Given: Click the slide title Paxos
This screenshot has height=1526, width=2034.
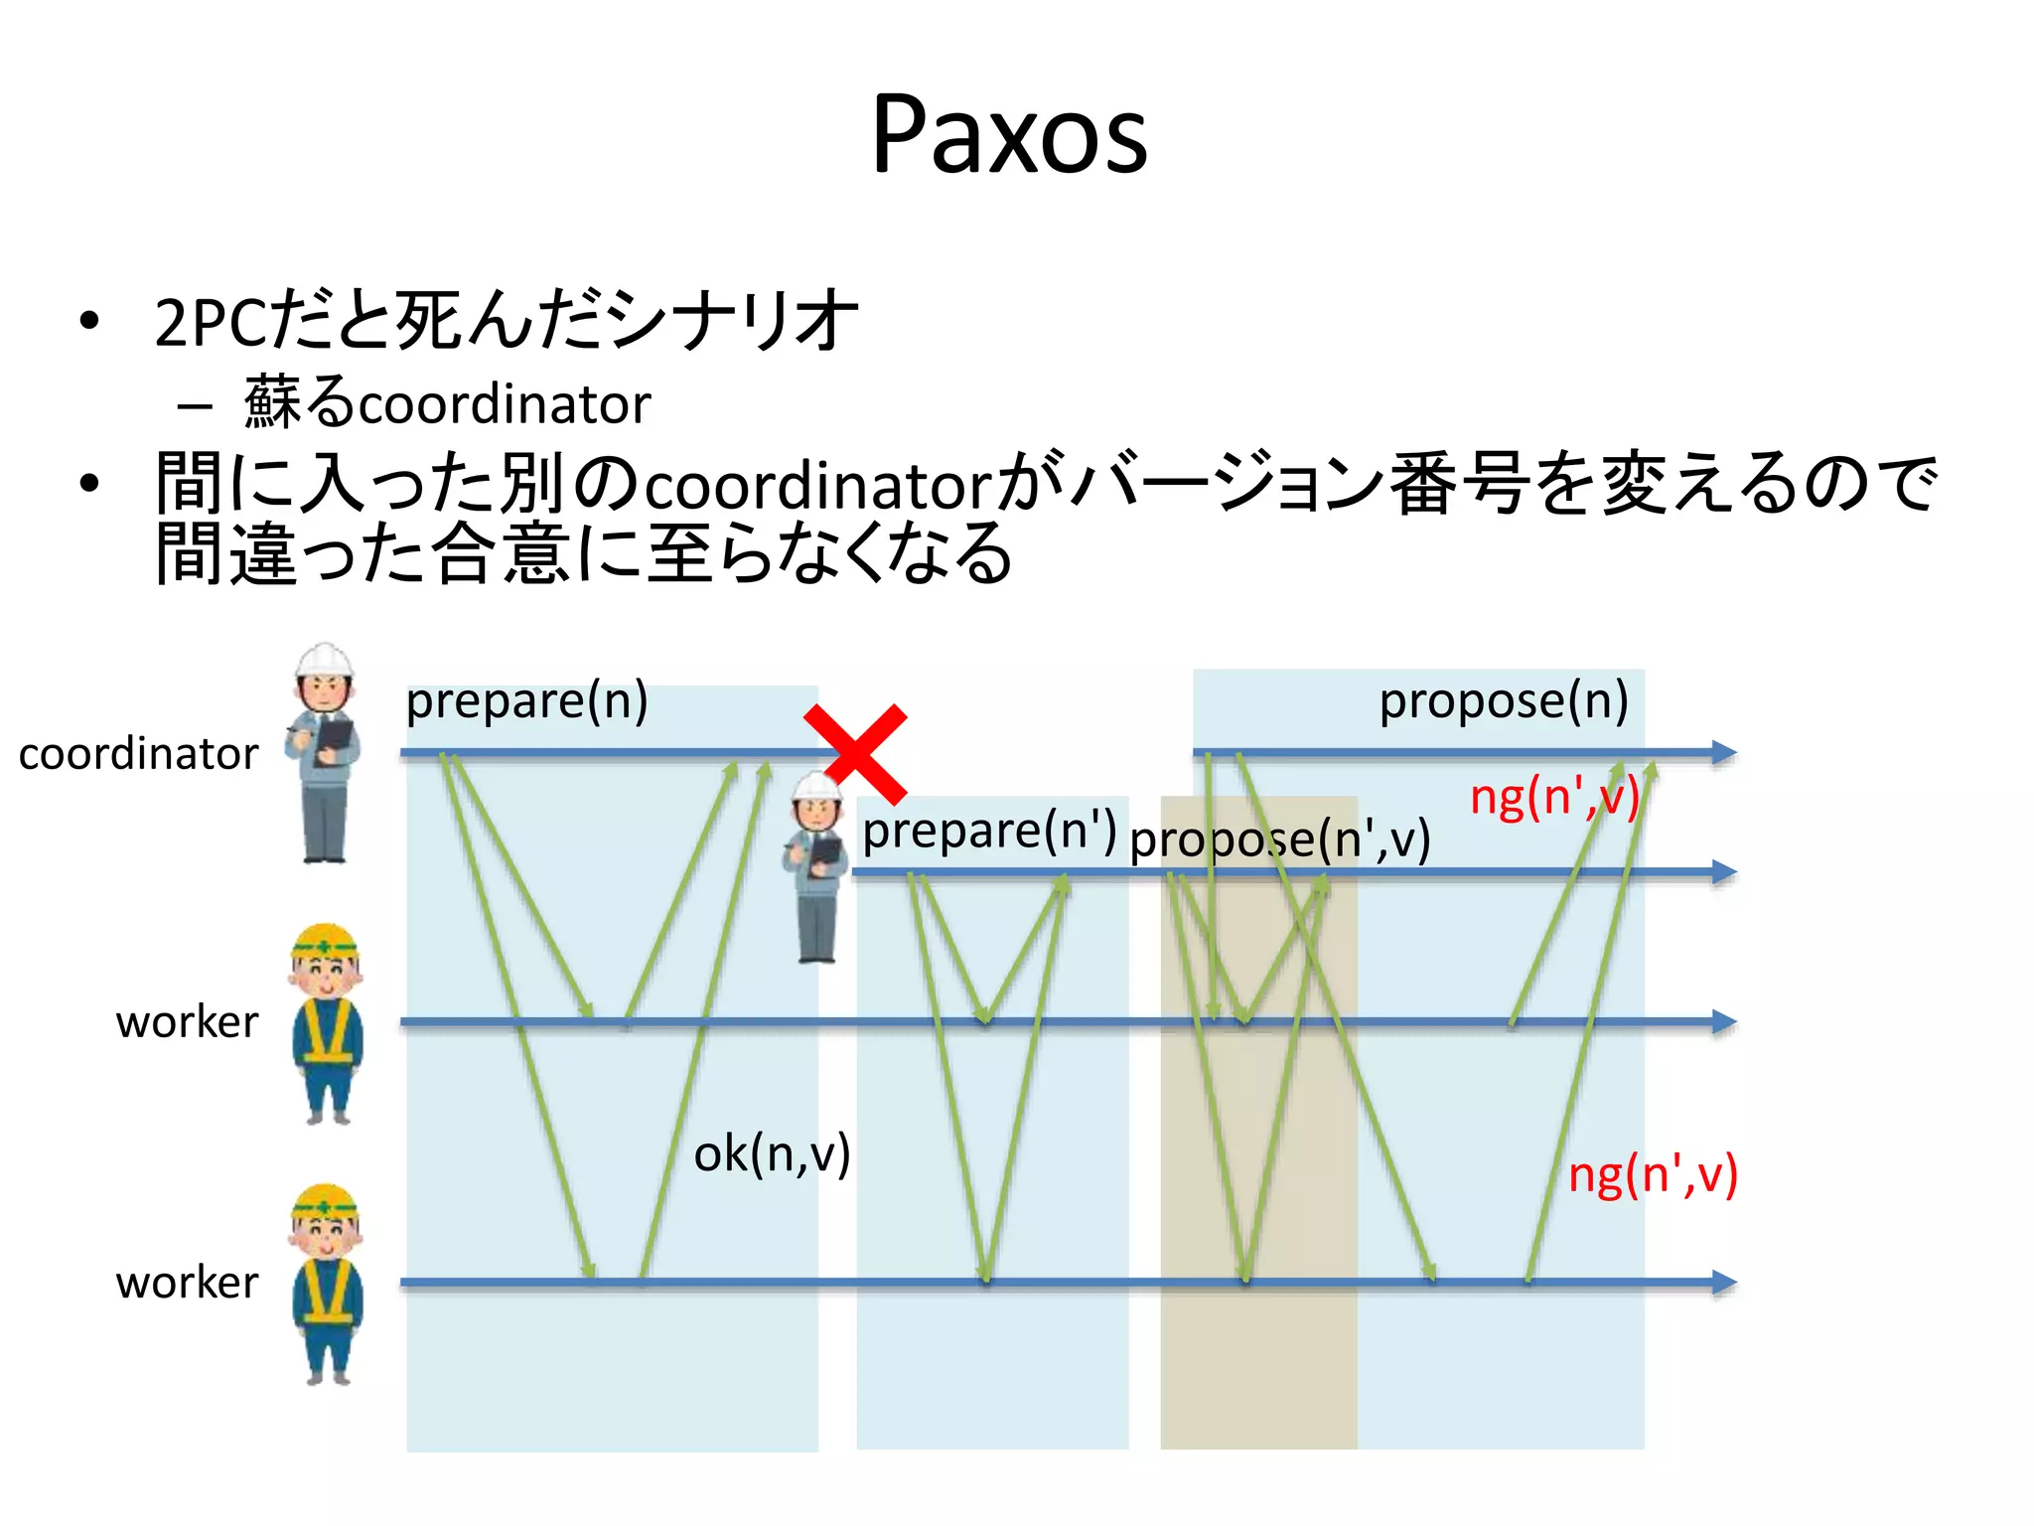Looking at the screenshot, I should pyautogui.click(x=1009, y=134).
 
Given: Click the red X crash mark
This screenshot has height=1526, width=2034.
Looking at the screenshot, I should pyautogui.click(x=856, y=754).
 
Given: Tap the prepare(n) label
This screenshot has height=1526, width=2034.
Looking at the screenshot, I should pyautogui.click(x=526, y=701).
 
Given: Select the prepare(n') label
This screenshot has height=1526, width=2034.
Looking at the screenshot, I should pyautogui.click(x=988, y=831).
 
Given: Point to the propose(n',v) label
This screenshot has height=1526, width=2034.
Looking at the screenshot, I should pyautogui.click(x=1279, y=839).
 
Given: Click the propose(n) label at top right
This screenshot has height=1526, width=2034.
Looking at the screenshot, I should pyautogui.click(x=1503, y=701).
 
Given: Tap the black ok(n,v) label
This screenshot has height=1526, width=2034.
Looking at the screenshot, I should pyautogui.click(x=772, y=1154).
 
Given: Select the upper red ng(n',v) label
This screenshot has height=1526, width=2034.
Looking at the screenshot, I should pyautogui.click(x=1553, y=798).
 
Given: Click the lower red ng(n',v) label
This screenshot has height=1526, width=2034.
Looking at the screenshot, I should pyautogui.click(x=1652, y=1175).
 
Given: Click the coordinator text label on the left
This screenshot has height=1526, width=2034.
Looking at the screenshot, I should pyautogui.click(x=138, y=754).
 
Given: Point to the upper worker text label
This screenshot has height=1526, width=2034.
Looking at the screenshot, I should pyautogui.click(x=187, y=1022).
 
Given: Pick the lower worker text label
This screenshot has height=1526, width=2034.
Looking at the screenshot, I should pyautogui.click(x=187, y=1283).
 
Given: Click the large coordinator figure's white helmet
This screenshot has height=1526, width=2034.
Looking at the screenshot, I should pyautogui.click(x=325, y=660).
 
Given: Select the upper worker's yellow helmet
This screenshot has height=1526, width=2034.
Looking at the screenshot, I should pyautogui.click(x=326, y=940).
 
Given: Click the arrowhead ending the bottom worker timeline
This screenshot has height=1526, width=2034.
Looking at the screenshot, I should pyautogui.click(x=1724, y=1283).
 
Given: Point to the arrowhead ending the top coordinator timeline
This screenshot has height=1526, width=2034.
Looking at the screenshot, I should pyautogui.click(x=1724, y=753).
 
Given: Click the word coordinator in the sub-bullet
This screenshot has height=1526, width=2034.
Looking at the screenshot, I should pyautogui.click(x=504, y=404).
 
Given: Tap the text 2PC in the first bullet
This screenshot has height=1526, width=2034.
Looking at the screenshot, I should pyautogui.click(x=211, y=323).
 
